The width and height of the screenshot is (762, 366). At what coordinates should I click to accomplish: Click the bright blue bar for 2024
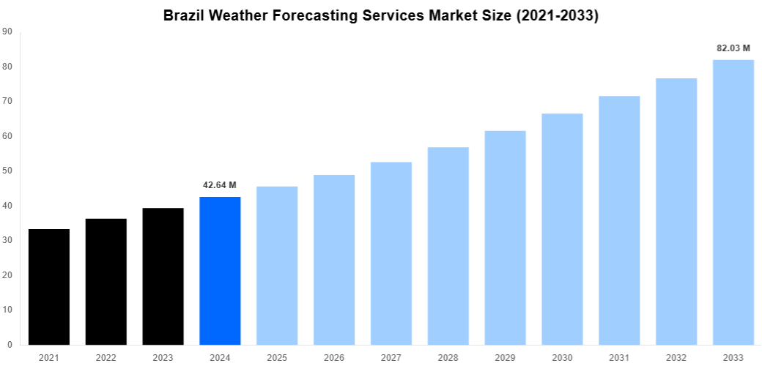coord(220,271)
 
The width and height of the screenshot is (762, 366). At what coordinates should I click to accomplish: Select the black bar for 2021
coord(49,287)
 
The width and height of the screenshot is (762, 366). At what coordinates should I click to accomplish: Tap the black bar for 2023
coord(163,277)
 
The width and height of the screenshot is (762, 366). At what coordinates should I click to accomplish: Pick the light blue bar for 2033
coord(733,202)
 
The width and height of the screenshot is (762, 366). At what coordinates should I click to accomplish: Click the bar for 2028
coord(448,246)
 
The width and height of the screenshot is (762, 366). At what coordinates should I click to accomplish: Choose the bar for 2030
coord(562,229)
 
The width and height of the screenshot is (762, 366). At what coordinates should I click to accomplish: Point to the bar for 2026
coord(334,260)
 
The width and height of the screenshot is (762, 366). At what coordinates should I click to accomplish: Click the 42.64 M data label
coord(220,185)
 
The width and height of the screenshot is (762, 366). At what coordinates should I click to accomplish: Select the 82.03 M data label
coord(733,48)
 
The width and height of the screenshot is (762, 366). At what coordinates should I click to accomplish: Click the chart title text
coord(381,15)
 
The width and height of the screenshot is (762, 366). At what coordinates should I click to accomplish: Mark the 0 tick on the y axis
coord(9,345)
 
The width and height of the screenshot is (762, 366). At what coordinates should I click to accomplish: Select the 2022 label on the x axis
coord(106,357)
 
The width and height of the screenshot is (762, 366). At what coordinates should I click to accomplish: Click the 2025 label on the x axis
coord(277,357)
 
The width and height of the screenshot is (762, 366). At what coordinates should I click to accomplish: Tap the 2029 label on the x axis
coord(505,357)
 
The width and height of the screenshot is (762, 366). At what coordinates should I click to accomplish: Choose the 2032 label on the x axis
coord(676,357)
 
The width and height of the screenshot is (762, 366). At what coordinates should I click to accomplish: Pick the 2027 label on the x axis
coord(391,357)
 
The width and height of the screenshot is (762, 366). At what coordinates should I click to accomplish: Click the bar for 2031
coord(619,220)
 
